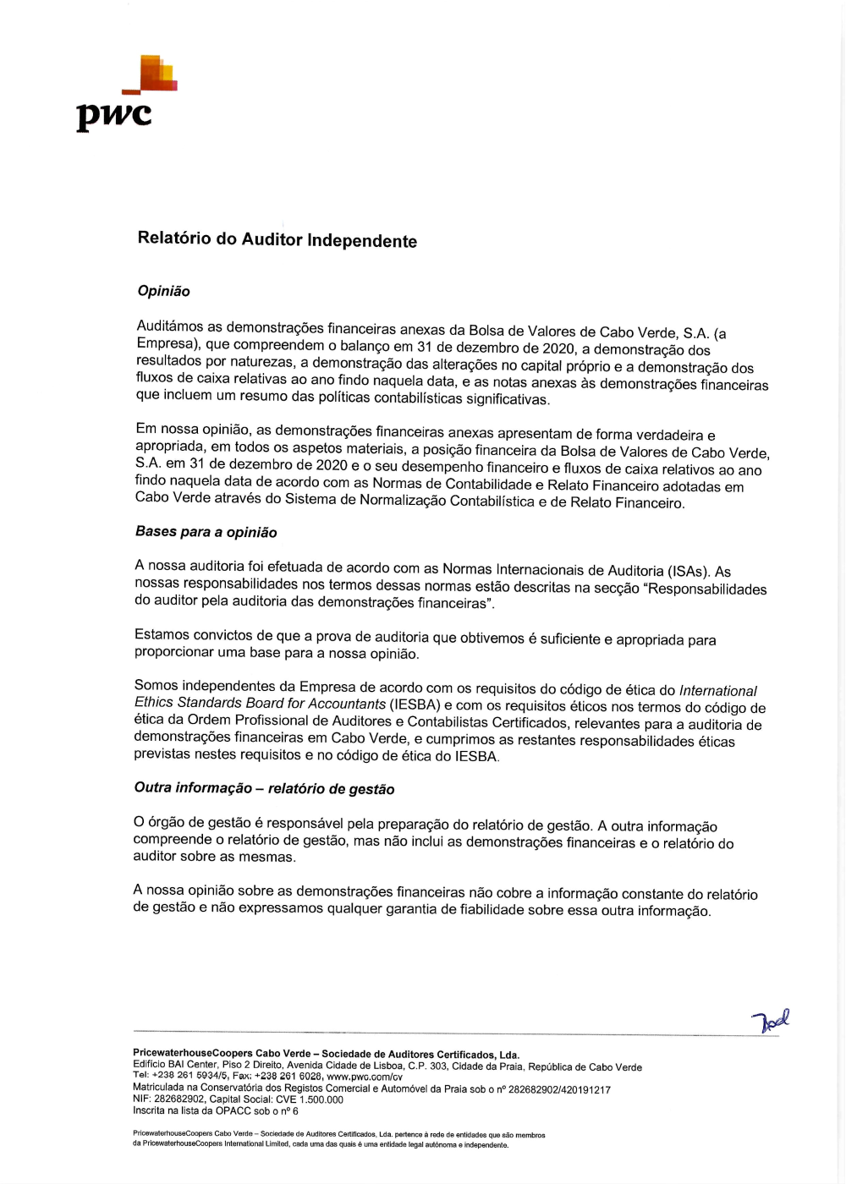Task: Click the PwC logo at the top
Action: coord(126,93)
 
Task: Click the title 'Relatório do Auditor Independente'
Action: coord(277,239)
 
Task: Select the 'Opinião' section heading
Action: coord(163,291)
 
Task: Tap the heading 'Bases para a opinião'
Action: coord(206,532)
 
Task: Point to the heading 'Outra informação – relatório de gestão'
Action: coord(264,788)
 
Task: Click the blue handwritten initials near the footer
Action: coord(772,1021)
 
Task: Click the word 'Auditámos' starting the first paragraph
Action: coord(169,326)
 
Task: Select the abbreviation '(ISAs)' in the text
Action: coord(689,571)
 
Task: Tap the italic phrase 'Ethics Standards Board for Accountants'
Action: coord(260,703)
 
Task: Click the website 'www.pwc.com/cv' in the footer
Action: coord(365,1077)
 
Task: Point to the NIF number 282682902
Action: coord(179,1099)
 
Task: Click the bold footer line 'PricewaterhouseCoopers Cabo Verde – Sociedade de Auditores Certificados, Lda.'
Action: coord(326,1054)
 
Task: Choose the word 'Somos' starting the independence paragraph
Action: coord(157,685)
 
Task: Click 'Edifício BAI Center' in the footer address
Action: coord(175,1065)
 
